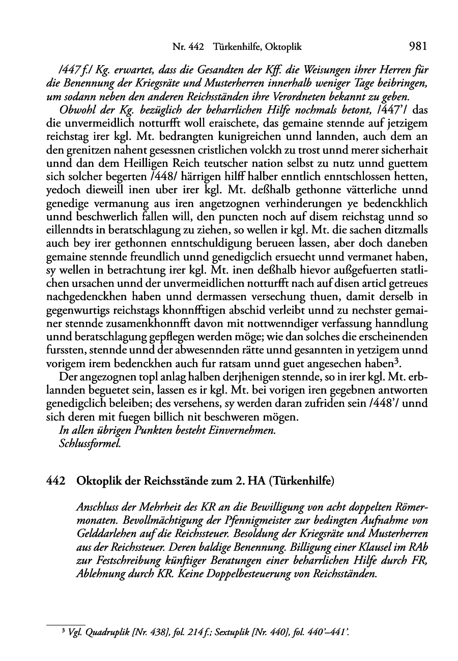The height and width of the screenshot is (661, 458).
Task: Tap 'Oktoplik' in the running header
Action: [283, 47]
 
